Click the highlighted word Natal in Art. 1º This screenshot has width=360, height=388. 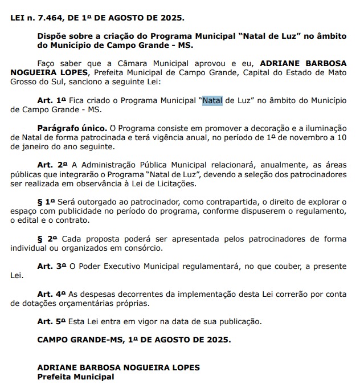tap(212, 100)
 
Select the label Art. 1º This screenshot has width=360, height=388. tap(52, 100)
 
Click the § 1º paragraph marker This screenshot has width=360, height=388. tap(46, 202)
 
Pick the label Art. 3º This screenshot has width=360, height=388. tap(52, 266)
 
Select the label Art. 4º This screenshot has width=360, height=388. tap(52, 293)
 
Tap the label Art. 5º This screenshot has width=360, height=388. tap(52, 321)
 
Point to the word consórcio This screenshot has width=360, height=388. tap(144, 248)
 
